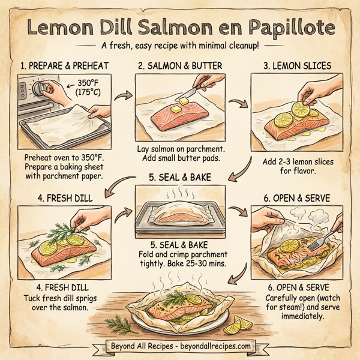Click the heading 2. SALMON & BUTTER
click(180, 65)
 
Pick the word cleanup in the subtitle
click(238, 46)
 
